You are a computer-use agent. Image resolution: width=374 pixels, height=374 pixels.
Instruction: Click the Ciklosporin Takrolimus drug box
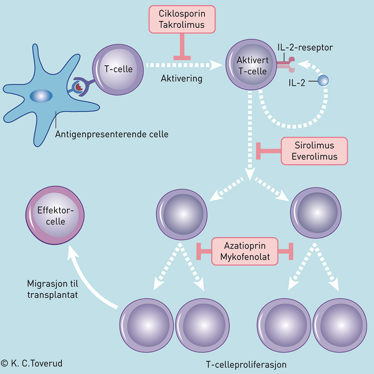point(182,19)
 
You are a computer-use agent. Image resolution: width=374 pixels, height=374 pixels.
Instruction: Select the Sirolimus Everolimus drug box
point(314,151)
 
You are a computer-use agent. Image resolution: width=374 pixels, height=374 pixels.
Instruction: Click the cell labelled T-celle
point(118,68)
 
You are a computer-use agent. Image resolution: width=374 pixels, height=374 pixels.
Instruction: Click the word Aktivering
point(182,79)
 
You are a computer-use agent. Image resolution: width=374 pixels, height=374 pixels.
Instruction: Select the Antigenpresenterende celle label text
point(112,134)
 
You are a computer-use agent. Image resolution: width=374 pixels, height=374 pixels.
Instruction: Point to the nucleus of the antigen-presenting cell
point(42,96)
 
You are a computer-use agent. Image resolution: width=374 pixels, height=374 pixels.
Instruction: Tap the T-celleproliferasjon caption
point(246,364)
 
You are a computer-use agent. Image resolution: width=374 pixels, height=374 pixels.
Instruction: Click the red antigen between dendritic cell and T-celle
point(78,86)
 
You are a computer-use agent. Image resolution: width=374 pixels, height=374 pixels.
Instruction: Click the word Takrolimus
point(182,25)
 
